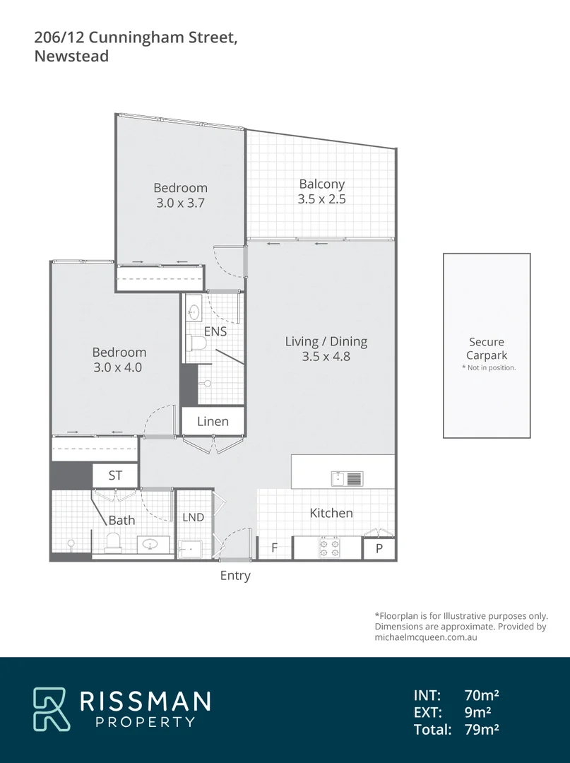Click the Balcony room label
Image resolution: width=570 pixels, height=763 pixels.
(321, 184)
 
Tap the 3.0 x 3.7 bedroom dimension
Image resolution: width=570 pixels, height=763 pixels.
(181, 203)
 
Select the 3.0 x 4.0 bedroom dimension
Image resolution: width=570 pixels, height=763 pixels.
(119, 367)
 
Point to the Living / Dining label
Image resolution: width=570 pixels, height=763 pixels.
(326, 341)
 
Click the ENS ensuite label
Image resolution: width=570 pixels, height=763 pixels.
(215, 331)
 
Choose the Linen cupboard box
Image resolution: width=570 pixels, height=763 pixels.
(213, 421)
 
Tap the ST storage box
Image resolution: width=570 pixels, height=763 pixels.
(115, 475)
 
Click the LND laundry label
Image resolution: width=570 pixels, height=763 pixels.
(193, 517)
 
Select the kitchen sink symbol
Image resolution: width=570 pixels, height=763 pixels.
(347, 479)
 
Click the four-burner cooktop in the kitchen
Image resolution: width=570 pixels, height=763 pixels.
(328, 548)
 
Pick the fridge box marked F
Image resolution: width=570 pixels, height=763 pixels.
(274, 548)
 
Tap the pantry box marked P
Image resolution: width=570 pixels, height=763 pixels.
(379, 548)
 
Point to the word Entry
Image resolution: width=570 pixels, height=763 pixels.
(235, 576)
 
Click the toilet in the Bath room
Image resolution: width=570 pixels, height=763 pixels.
(114, 543)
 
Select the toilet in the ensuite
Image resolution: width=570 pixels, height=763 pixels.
(196, 344)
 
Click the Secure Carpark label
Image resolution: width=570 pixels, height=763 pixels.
(487, 349)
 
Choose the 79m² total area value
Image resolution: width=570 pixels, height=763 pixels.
(482, 730)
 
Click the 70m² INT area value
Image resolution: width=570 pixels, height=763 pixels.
(482, 695)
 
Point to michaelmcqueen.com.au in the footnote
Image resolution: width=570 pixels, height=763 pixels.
(426, 637)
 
